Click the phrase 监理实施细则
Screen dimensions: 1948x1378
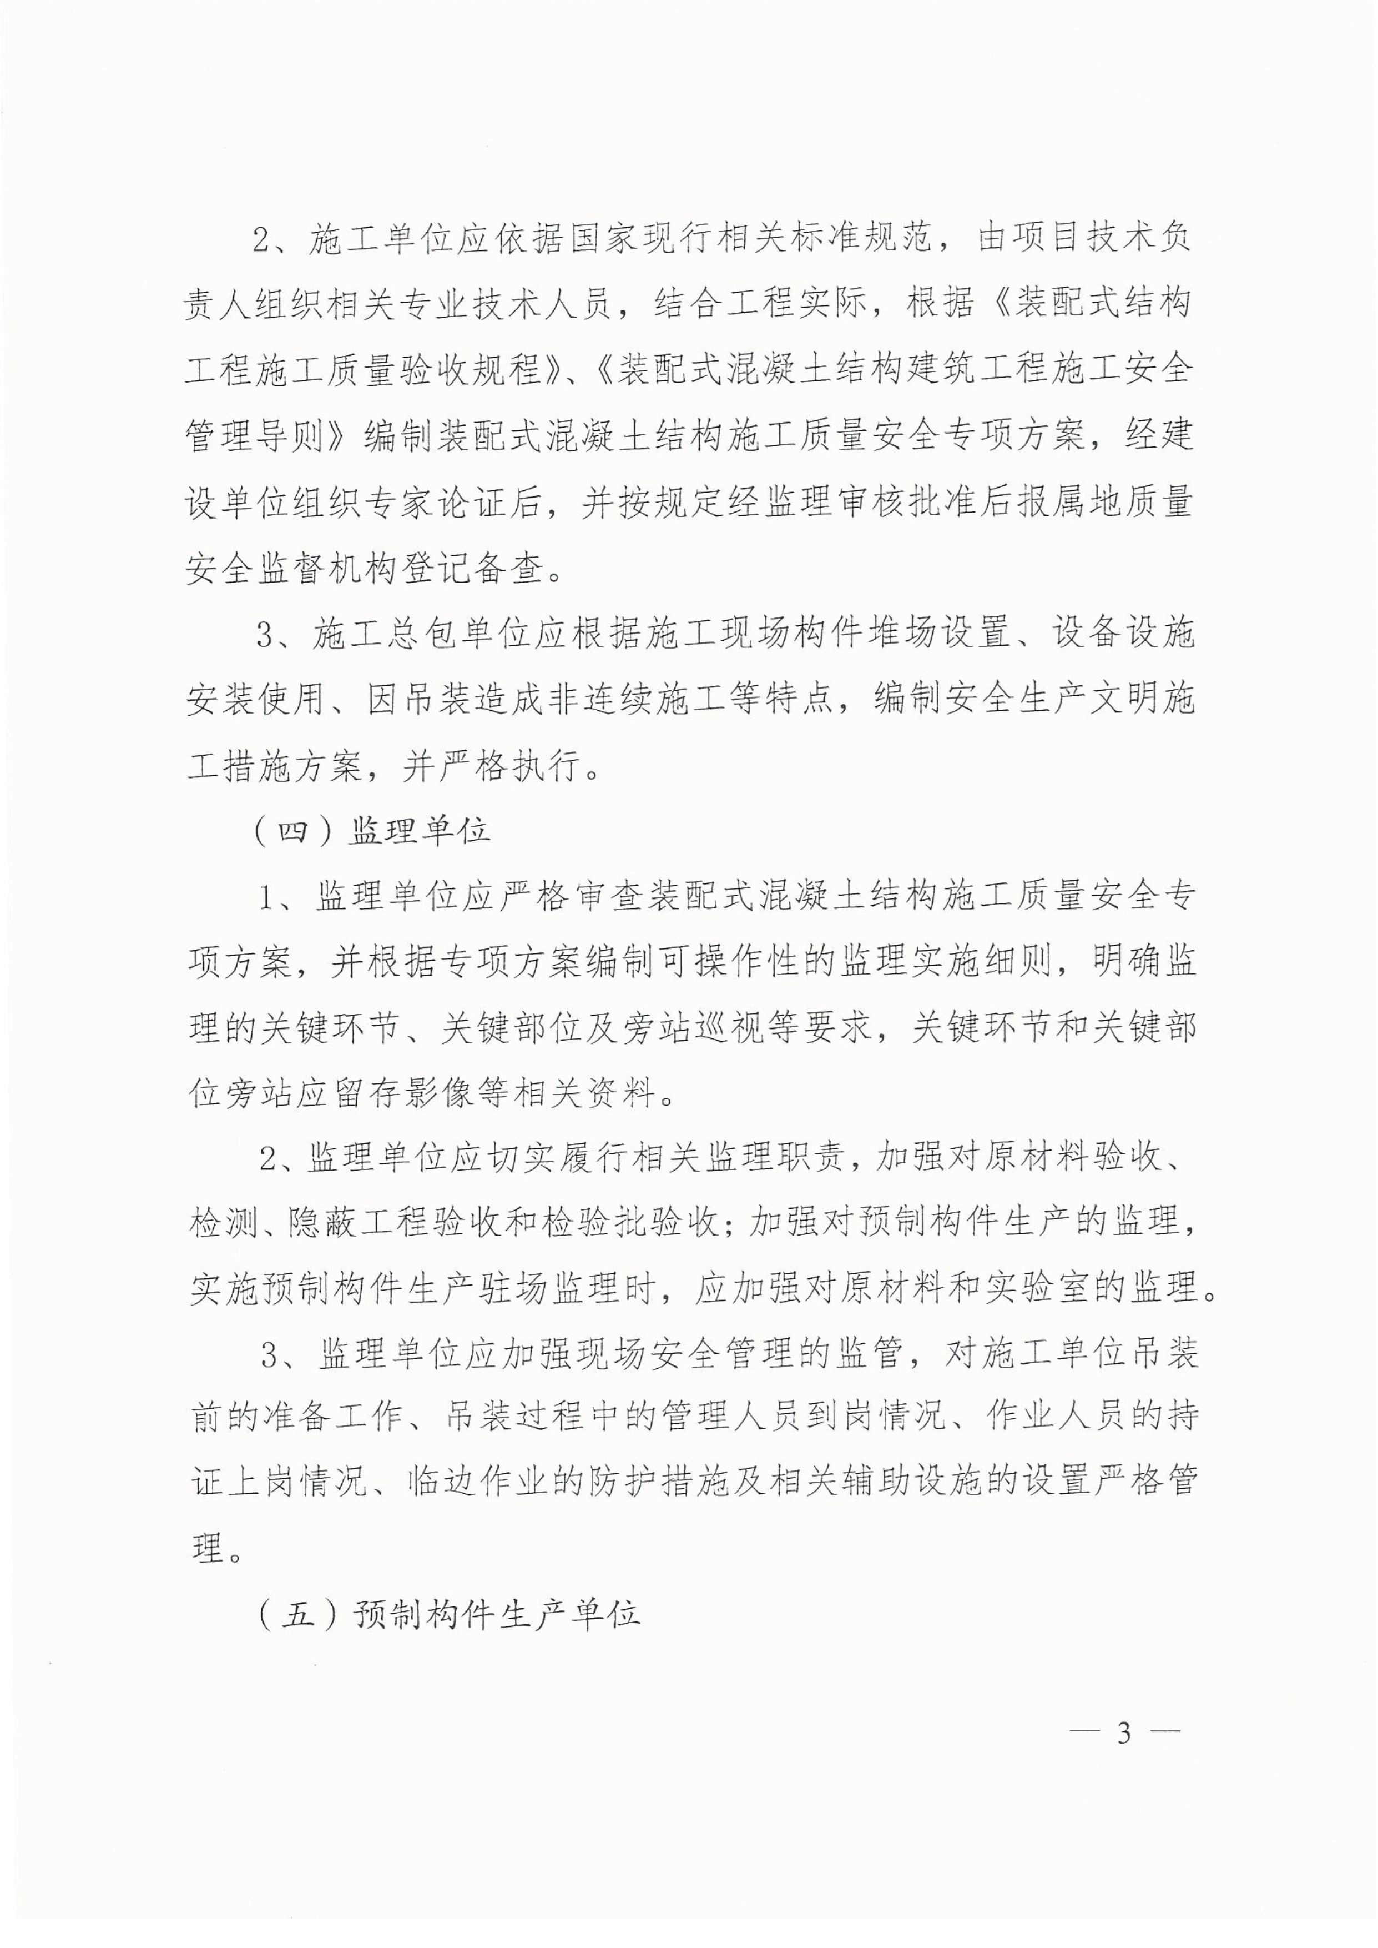point(929,965)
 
